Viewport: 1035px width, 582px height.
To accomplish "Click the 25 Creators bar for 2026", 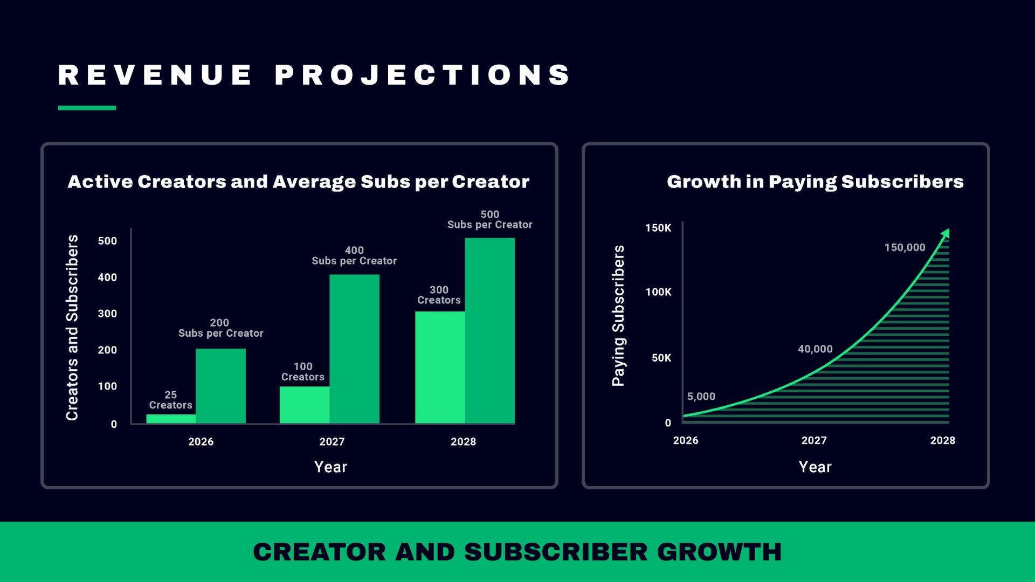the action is pos(171,419).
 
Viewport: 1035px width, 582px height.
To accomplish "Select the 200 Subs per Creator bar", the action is pos(220,386).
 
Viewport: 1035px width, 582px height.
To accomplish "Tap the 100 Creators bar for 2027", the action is pos(305,405).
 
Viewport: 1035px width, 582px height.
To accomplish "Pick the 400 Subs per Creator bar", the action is pos(354,349).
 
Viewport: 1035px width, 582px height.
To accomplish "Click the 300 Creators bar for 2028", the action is pos(440,368).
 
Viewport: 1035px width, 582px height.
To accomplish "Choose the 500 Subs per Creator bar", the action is pos(490,331).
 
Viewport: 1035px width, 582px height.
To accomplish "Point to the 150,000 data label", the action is pos(905,248).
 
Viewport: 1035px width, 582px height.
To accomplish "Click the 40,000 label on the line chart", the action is pos(815,349).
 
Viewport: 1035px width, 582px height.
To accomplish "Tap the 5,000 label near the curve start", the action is pos(701,397).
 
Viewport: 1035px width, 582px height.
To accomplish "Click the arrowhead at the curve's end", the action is pos(946,233).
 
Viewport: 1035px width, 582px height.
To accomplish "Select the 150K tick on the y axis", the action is pos(658,228).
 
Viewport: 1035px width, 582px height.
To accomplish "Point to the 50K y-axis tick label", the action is pos(661,358).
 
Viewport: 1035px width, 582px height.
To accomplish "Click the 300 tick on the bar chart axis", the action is pos(107,314).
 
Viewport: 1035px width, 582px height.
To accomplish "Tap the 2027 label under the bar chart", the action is pos(332,442).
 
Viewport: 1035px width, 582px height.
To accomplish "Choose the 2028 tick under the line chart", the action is pos(942,441).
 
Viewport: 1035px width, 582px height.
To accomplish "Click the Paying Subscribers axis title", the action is pos(618,316).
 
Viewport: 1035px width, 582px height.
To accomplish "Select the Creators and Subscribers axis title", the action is pos(72,328).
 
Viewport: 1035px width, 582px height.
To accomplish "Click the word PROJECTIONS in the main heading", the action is pos(423,75).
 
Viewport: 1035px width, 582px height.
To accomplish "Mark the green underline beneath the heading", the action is pos(87,108).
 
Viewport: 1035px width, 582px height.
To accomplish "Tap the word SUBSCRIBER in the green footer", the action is pos(556,552).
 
